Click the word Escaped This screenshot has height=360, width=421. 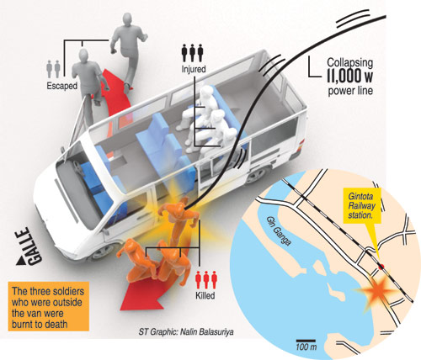tap(61, 86)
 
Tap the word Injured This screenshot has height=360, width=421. tap(194, 69)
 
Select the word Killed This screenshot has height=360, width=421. tap(205, 295)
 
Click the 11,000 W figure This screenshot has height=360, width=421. tap(350, 76)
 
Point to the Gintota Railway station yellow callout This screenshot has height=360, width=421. tap(362, 206)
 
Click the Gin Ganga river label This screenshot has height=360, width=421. tap(279, 231)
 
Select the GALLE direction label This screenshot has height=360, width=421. tap(29, 246)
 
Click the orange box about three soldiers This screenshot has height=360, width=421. tap(49, 306)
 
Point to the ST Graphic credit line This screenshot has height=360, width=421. tap(186, 332)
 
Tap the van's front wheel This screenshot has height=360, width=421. tap(101, 252)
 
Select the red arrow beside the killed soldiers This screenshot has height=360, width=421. tap(141, 292)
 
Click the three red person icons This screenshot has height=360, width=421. tap(206, 280)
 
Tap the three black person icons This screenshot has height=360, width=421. tap(192, 53)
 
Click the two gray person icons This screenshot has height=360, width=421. tap(53, 69)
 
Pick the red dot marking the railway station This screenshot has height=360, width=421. tap(381, 267)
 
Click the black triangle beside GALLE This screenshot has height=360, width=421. tap(21, 262)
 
